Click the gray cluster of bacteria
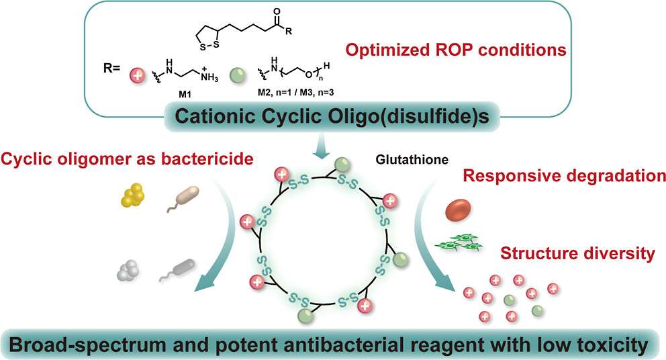pos(128,269)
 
